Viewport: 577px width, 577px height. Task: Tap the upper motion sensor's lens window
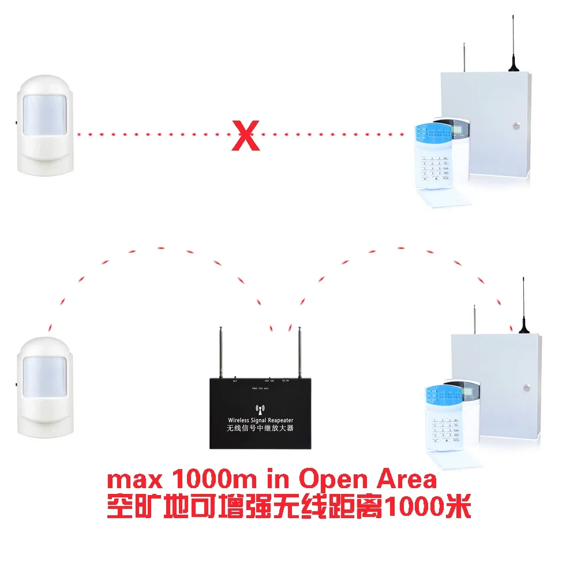click(x=44, y=115)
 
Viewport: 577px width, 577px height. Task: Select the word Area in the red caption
click(x=406, y=481)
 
